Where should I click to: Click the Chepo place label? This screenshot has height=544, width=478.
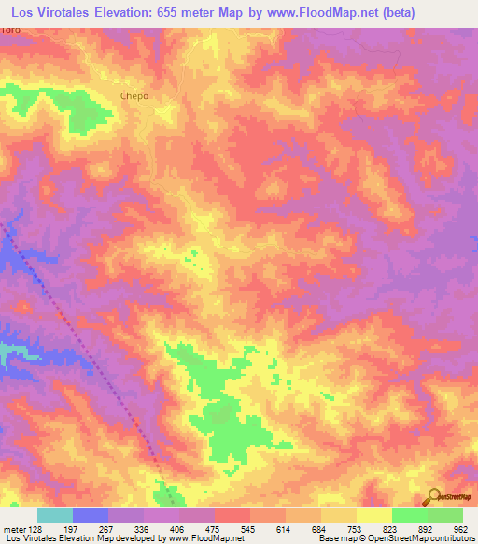[x=134, y=95]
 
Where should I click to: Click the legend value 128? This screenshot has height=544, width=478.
[x=36, y=528]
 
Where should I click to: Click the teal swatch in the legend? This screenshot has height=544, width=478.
[x=55, y=515]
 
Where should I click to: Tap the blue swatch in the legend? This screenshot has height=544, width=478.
[x=91, y=515]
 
